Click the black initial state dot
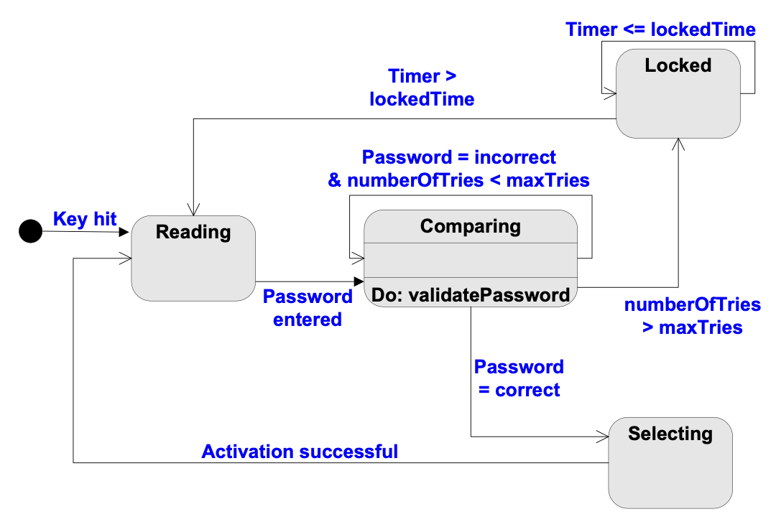pyautogui.click(x=31, y=231)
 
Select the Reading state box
pyautogui.click(x=193, y=258)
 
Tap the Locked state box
pyautogui.click(x=678, y=93)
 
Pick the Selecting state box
pyautogui.click(x=670, y=462)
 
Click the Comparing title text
pyautogui.click(x=471, y=226)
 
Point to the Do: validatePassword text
pyautogui.click(x=471, y=295)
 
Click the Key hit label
pyautogui.click(x=85, y=218)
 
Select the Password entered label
pyautogui.click(x=308, y=308)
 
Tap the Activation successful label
pyautogui.click(x=300, y=452)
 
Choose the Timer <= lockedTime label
pyautogui.click(x=661, y=29)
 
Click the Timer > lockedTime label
pyautogui.click(x=422, y=88)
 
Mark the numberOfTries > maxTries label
pyautogui.click(x=693, y=316)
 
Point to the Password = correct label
pyautogui.click(x=519, y=378)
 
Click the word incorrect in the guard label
pyautogui.click(x=514, y=157)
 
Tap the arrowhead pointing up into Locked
pyautogui.click(x=678, y=144)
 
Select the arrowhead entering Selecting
pyautogui.click(x=603, y=437)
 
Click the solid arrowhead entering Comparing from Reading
pyautogui.click(x=359, y=281)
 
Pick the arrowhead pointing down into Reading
pyautogui.click(x=193, y=209)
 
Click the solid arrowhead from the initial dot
pyautogui.click(x=124, y=232)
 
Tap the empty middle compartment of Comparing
pyautogui.click(x=471, y=260)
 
